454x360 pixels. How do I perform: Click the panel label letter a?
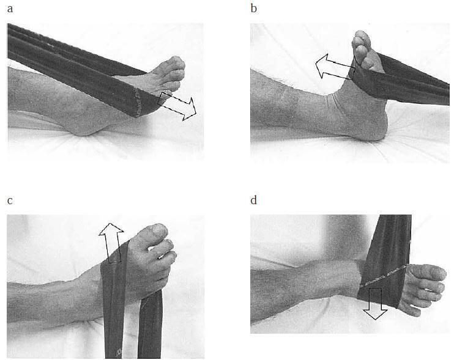click(10, 9)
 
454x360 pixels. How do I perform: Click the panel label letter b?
click(254, 8)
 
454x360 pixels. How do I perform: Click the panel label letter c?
click(10, 200)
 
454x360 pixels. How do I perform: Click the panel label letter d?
click(254, 199)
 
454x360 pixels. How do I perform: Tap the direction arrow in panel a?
click(177, 106)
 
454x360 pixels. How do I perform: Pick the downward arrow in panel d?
click(375, 304)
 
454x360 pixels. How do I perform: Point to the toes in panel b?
click(362, 48)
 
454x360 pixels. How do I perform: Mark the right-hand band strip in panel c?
click(150, 324)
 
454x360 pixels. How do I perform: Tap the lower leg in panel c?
click(52, 298)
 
